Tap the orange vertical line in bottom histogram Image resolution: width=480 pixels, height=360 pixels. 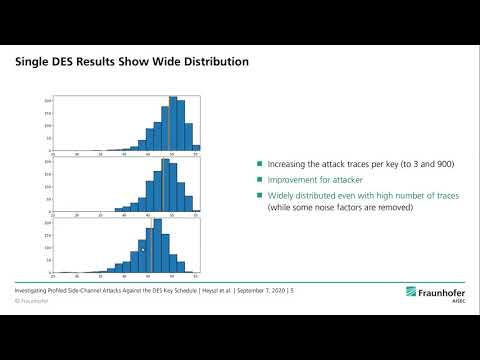150,250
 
